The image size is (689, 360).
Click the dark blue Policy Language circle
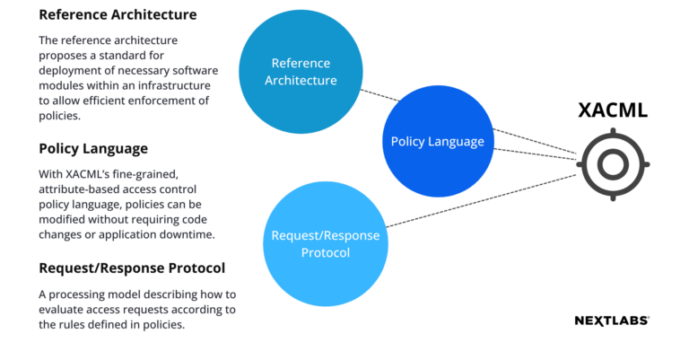[438, 142]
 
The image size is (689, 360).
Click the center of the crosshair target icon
[614, 163]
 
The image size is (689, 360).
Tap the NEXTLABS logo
[612, 320]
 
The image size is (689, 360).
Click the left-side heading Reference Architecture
[118, 15]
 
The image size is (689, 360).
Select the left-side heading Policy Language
[93, 147]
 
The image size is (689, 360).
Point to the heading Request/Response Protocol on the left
[131, 268]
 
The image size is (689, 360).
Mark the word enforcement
[160, 101]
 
